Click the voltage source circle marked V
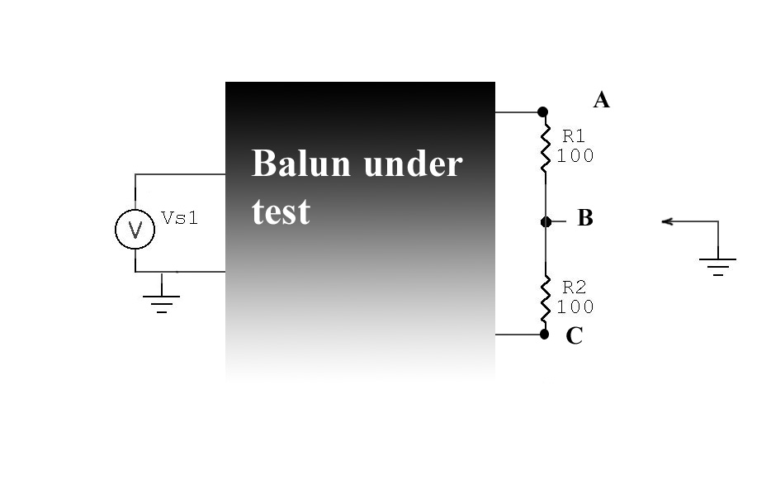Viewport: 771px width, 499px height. click(x=135, y=229)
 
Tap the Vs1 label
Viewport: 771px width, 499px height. click(x=179, y=218)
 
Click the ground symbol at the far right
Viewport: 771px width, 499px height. click(x=717, y=265)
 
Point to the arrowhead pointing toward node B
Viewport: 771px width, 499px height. click(x=668, y=221)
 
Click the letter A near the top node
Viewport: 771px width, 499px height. click(x=601, y=101)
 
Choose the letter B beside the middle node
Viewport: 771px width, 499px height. click(x=584, y=219)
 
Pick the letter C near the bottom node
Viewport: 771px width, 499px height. click(x=575, y=337)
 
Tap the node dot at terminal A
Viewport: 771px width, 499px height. click(x=542, y=112)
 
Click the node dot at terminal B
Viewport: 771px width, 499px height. click(x=546, y=221)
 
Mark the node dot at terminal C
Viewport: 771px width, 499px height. click(x=544, y=334)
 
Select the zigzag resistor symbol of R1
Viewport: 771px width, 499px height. click(x=545, y=147)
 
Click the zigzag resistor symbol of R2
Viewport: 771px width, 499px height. click(x=545, y=300)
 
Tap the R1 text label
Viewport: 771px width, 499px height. click(x=574, y=135)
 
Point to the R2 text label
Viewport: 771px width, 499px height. click(x=574, y=288)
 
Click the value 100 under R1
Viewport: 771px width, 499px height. click(x=575, y=155)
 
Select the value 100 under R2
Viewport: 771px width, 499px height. click(x=575, y=307)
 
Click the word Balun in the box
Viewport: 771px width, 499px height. click(x=302, y=164)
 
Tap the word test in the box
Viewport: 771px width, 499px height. click(x=281, y=212)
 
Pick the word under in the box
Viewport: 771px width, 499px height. click(x=412, y=164)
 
